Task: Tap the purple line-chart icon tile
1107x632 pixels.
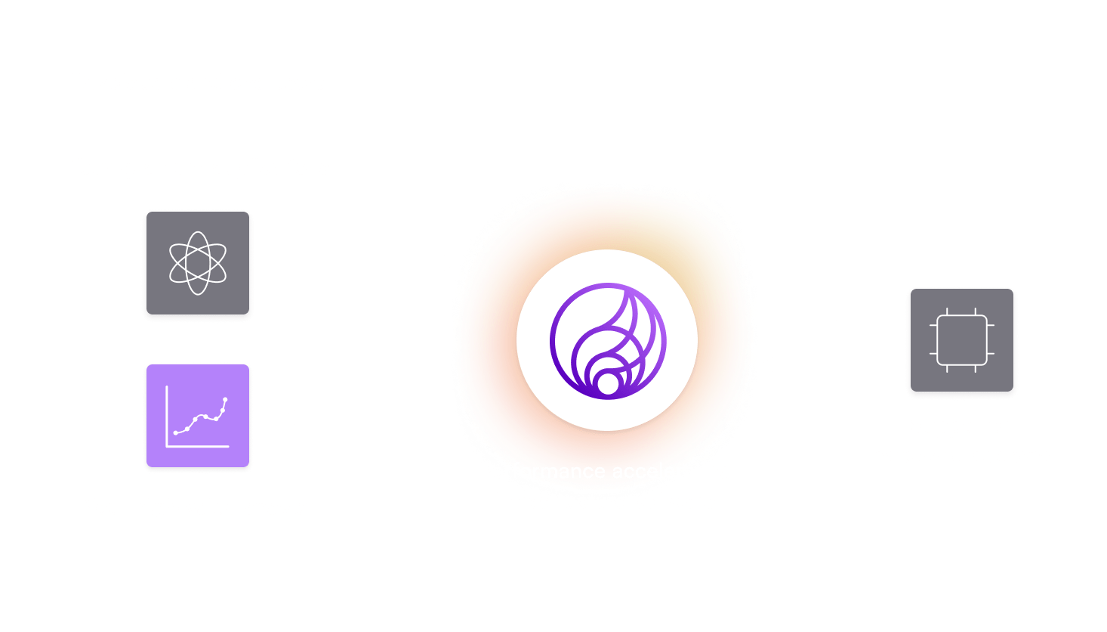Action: [198, 417]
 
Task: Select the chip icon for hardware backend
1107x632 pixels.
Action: [961, 342]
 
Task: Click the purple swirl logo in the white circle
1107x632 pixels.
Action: [608, 340]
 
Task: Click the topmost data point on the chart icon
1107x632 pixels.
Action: [225, 399]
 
